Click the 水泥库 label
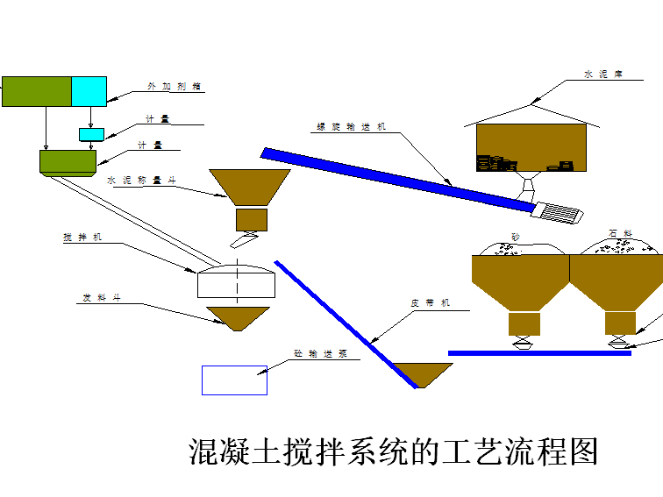602,75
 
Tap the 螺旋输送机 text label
350,127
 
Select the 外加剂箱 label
175,86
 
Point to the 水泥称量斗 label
141,180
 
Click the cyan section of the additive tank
89,91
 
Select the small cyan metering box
91,134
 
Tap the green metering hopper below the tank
68,161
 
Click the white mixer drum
236,282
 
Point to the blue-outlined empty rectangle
234,380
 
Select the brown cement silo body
531,146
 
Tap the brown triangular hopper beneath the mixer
237,316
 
